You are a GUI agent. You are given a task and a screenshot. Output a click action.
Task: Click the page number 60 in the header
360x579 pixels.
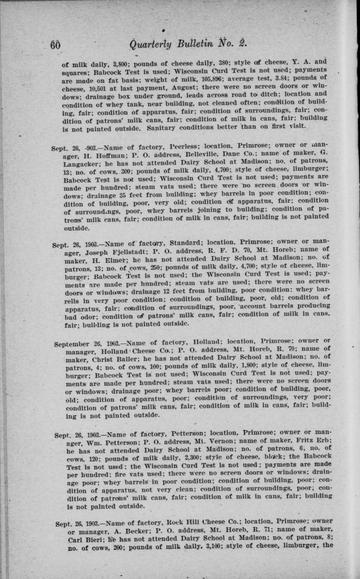pyautogui.click(x=55, y=45)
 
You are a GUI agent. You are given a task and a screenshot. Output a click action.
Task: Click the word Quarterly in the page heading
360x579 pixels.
pyautogui.click(x=150, y=45)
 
